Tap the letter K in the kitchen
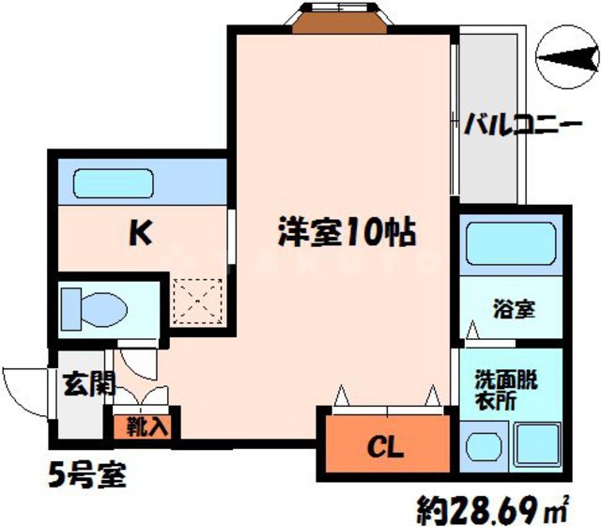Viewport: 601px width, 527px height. pyautogui.click(x=140, y=231)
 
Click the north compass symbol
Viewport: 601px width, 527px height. pyautogui.click(x=563, y=59)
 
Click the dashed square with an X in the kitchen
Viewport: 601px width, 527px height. pyautogui.click(x=199, y=298)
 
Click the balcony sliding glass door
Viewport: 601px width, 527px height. pyautogui.click(x=455, y=117)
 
